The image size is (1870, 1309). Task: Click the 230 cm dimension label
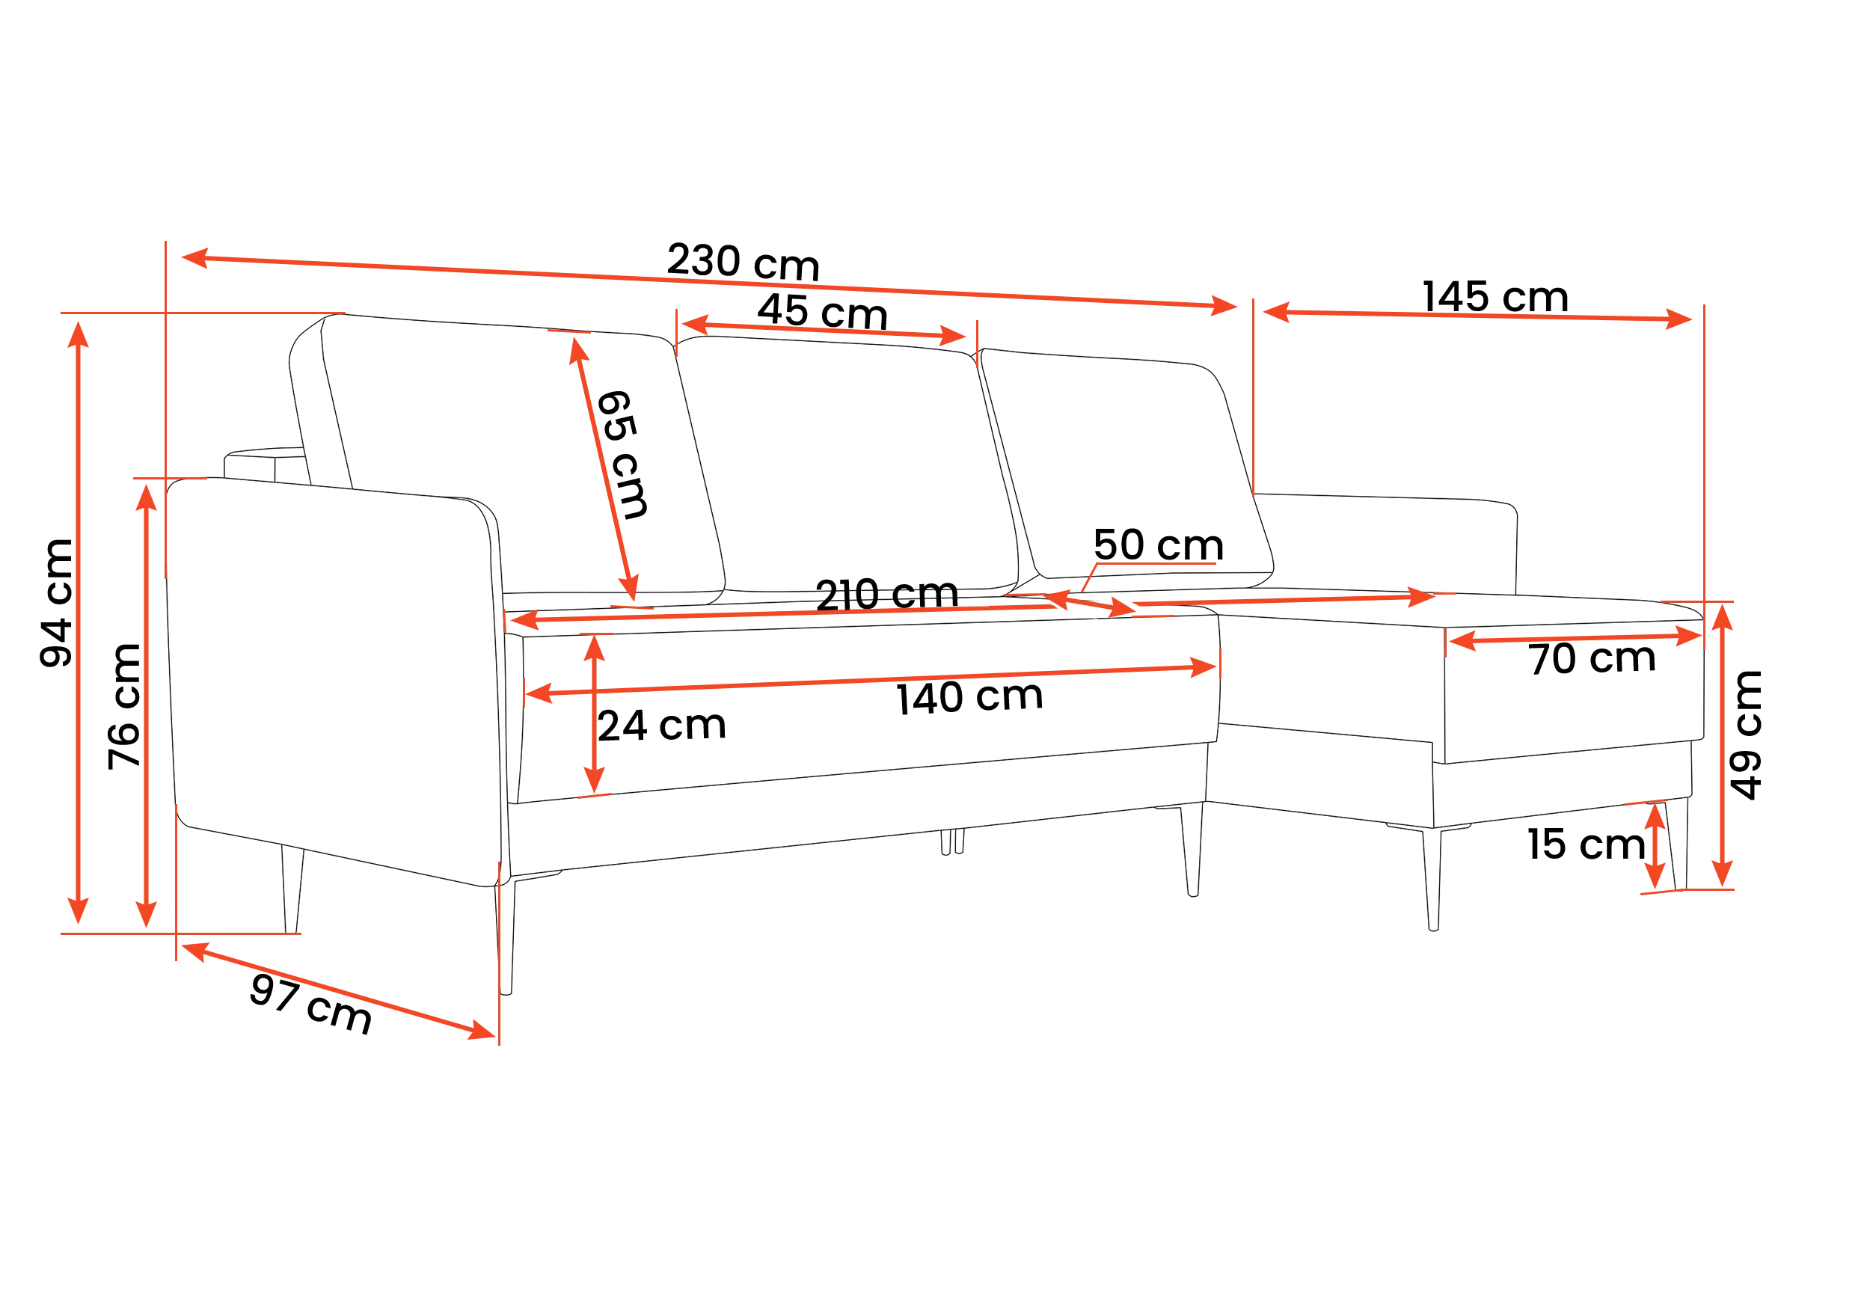(x=743, y=262)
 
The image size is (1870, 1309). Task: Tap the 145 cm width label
(x=1495, y=296)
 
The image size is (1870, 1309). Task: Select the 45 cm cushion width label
(x=822, y=311)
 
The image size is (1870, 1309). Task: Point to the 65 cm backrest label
(x=623, y=454)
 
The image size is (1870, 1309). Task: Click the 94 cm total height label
(x=57, y=604)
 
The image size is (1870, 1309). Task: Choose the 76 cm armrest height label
(x=125, y=706)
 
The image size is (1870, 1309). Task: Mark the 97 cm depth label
(x=311, y=1004)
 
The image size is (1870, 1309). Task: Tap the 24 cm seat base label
(x=661, y=725)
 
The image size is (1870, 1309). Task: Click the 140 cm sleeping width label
(x=969, y=697)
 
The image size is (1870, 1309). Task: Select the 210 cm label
(x=886, y=594)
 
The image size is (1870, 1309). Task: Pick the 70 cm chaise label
(x=1592, y=658)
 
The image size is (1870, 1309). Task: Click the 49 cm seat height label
(x=1745, y=735)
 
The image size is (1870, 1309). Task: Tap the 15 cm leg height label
(x=1586, y=844)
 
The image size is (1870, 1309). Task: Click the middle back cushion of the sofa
(x=847, y=465)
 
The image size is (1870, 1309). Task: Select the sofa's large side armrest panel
(x=334, y=681)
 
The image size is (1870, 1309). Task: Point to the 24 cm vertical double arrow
(x=595, y=714)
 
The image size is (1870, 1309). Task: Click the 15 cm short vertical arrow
(x=1655, y=846)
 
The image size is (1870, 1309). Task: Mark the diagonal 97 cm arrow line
(x=339, y=990)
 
